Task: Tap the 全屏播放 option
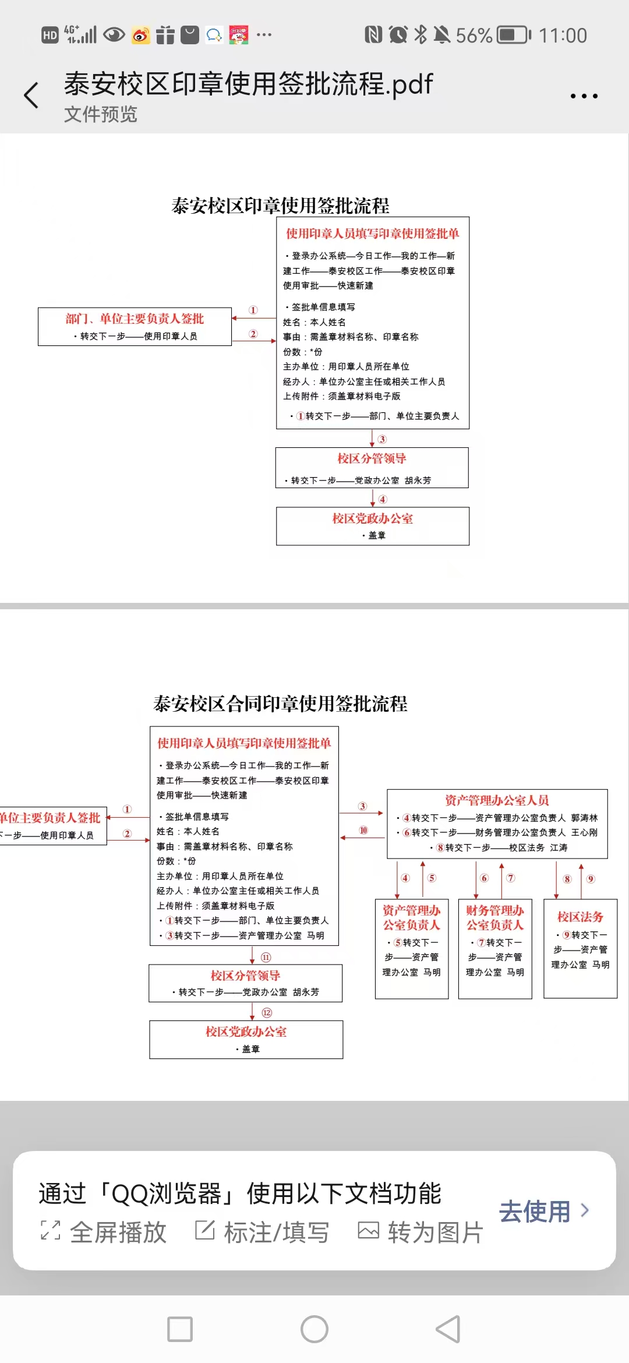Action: [x=104, y=1232]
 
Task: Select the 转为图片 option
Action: [x=420, y=1232]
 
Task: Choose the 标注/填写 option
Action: [x=262, y=1232]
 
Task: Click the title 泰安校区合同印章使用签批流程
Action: [x=280, y=704]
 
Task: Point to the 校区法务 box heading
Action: [x=580, y=917]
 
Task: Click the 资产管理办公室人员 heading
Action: [x=497, y=800]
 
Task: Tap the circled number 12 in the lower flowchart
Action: [x=267, y=1013]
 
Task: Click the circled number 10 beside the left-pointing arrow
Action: [x=363, y=830]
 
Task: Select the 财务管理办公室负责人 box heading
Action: [x=495, y=917]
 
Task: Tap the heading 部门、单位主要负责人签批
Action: [x=135, y=319]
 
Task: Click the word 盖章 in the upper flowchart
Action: [x=377, y=535]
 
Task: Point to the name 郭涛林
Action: [x=584, y=818]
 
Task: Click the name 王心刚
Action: [x=584, y=832]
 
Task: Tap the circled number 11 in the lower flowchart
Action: [x=266, y=957]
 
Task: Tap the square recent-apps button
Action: [x=180, y=1329]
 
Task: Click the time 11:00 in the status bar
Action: [x=563, y=36]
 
